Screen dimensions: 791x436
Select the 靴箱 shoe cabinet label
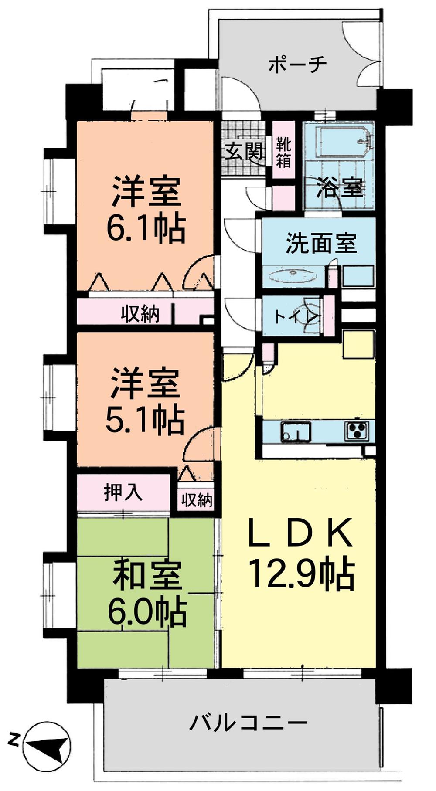[x=283, y=152]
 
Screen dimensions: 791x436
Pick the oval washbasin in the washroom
[x=293, y=276]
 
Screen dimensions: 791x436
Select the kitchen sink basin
[x=296, y=431]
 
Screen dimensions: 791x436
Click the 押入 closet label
[x=123, y=492]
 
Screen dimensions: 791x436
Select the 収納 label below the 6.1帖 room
[x=140, y=314]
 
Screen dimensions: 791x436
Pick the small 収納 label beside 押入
[x=197, y=500]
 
